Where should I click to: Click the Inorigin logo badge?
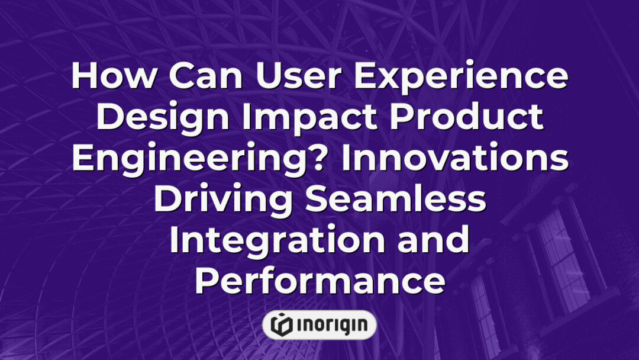coord(319,324)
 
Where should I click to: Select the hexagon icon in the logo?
coord(282,324)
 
